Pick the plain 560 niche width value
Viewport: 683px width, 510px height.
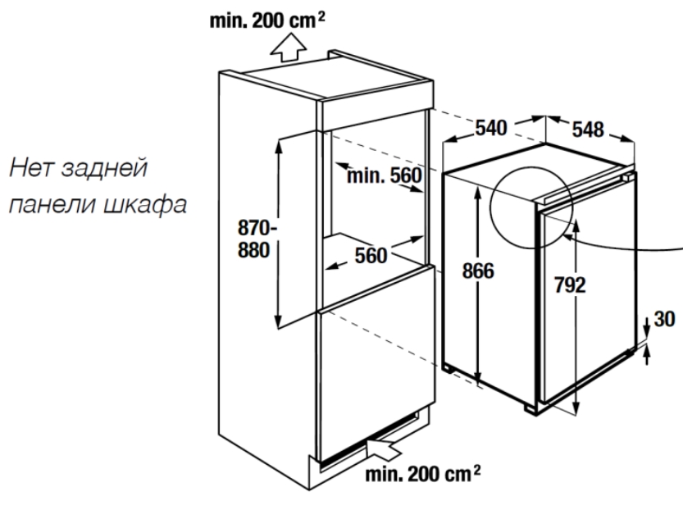(371, 256)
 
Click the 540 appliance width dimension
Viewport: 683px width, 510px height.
(492, 128)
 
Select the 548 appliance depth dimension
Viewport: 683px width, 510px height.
(587, 129)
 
